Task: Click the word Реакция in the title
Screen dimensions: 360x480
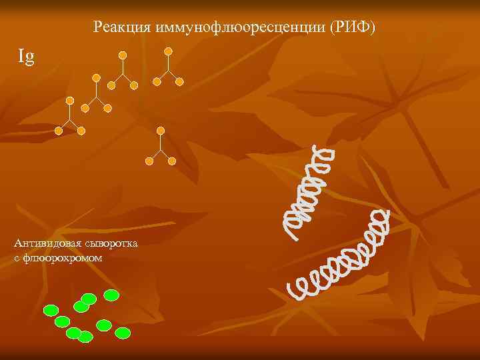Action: click(122, 27)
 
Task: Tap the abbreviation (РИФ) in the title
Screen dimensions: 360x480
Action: click(353, 27)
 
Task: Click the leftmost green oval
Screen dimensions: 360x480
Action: click(51, 310)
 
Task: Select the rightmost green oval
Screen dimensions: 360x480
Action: click(123, 332)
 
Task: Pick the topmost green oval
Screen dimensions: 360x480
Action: click(111, 294)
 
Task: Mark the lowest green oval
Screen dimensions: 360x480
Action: click(85, 337)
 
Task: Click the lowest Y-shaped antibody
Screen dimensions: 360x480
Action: click(160, 147)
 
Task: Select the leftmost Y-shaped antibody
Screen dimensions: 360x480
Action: click(69, 117)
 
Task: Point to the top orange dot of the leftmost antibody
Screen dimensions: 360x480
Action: click(69, 99)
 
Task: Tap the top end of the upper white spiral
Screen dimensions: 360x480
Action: click(327, 151)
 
